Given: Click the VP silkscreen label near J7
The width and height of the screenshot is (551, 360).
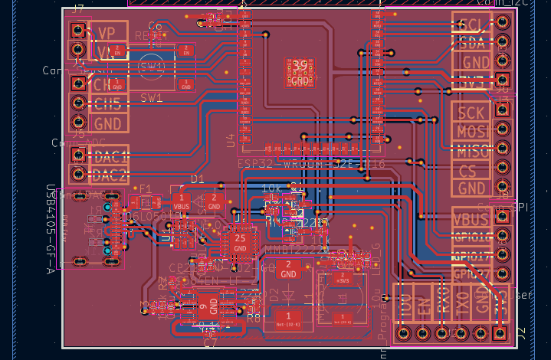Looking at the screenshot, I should click(107, 32).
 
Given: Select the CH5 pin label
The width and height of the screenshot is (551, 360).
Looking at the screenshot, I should click(107, 103).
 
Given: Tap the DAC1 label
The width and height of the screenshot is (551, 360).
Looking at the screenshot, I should click(108, 155).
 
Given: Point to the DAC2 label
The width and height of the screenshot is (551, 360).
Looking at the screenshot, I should click(108, 175).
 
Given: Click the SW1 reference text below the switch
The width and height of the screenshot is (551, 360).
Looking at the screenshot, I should click(151, 98).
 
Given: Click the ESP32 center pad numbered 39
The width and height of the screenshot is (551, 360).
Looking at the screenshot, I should click(300, 71).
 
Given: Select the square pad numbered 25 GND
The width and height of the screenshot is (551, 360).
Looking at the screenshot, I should click(240, 244).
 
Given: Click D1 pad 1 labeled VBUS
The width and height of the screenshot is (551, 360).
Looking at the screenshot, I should click(182, 202).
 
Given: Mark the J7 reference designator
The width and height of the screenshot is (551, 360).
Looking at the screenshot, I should click(78, 9).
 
